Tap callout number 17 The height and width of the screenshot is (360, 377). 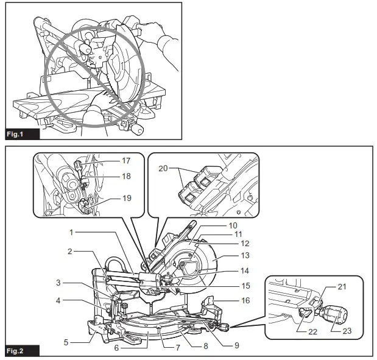click(x=126, y=161)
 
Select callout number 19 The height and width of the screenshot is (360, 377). click(x=126, y=197)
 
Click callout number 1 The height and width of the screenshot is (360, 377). click(x=71, y=232)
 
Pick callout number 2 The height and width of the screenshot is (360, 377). click(x=71, y=251)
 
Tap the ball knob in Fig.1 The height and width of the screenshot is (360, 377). click(x=136, y=130)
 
